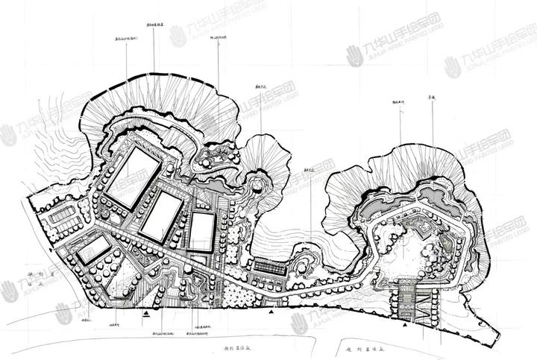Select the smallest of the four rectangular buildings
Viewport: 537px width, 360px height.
[93, 250]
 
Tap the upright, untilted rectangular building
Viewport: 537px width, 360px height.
[201, 231]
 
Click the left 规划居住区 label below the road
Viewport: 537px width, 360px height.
[233, 347]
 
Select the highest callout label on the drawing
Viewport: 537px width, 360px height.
[154, 25]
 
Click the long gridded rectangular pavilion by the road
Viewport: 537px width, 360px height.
[270, 265]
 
